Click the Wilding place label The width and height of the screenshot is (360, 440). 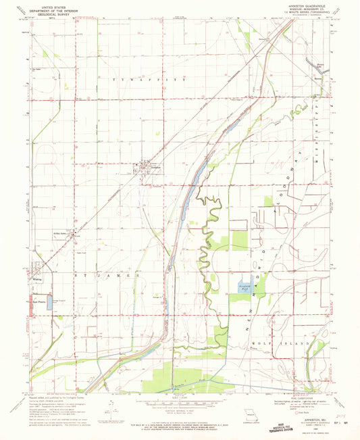tap(37, 278)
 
